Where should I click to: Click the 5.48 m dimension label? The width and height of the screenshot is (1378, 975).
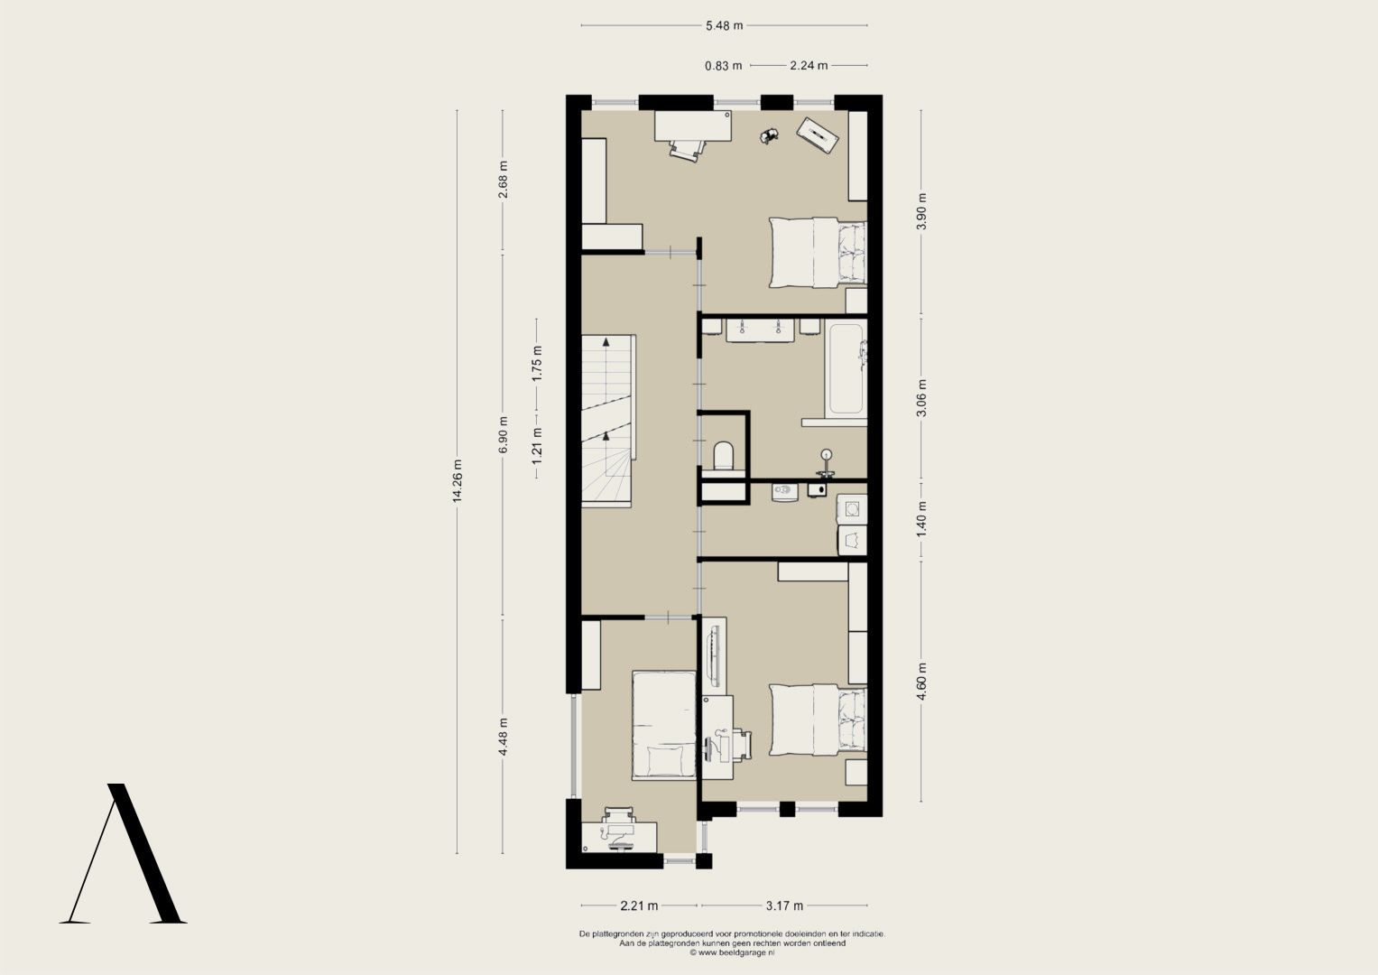click(724, 26)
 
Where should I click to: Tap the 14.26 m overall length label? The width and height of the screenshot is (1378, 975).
click(458, 480)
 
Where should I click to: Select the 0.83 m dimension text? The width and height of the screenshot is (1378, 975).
click(724, 66)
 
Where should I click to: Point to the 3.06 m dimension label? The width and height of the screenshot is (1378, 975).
click(920, 397)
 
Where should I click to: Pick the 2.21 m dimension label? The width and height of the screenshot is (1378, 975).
click(639, 905)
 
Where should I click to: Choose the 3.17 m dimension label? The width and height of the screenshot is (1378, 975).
click(784, 905)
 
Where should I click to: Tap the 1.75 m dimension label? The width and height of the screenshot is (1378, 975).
click(537, 363)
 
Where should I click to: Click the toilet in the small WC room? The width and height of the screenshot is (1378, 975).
click(723, 456)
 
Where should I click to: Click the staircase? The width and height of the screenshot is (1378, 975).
click(608, 421)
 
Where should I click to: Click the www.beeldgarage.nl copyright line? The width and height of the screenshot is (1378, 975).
click(732, 952)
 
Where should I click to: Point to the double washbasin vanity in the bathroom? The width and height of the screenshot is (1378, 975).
click(761, 330)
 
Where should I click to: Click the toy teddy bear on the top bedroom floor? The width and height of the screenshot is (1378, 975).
click(769, 136)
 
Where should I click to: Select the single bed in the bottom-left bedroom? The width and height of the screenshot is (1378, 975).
click(664, 726)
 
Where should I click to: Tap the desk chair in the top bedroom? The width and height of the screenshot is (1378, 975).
click(687, 150)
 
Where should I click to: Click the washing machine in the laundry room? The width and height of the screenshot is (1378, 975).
click(852, 510)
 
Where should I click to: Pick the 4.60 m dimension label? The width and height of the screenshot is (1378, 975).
click(920, 682)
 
